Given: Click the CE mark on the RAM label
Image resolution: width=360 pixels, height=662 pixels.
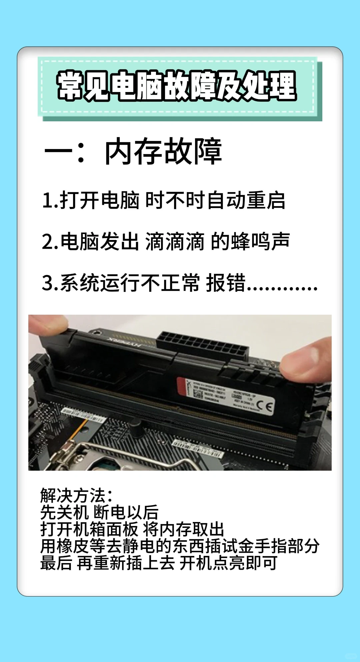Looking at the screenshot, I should (x=265, y=406).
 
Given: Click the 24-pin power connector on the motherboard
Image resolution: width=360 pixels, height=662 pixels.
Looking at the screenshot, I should (x=204, y=345).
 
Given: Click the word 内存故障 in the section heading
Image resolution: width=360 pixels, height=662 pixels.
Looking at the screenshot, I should (x=163, y=152).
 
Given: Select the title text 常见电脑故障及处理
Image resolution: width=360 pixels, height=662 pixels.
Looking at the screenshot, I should (x=177, y=86).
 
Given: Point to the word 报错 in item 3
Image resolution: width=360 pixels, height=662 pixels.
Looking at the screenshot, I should (x=226, y=283).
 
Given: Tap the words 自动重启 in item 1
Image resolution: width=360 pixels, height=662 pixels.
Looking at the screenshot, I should (x=246, y=201).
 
